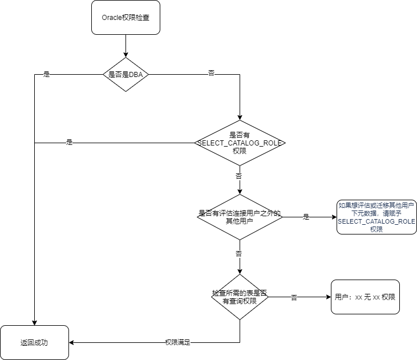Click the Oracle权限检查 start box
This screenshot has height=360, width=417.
tap(125, 17)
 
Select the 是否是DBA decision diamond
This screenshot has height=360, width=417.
tap(125, 74)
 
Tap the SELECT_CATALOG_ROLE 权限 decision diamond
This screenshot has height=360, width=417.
tap(240, 143)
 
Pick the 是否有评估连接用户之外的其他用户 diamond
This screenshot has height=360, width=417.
tap(240, 217)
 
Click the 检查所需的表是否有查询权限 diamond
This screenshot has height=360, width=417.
tap(240, 297)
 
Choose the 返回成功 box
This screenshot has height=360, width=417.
tap(34, 342)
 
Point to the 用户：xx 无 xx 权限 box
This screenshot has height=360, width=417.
tap(365, 297)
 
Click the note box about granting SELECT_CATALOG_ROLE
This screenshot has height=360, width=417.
tap(376, 217)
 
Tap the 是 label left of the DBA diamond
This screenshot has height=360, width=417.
tap(47, 74)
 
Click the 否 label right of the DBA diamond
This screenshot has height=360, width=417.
tap(212, 74)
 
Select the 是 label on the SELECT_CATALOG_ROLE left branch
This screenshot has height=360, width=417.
tap(70, 143)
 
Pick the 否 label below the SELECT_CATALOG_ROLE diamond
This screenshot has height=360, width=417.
tap(239, 176)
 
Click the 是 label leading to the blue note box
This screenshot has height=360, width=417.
tap(306, 217)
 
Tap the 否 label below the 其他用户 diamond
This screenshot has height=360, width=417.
tap(239, 253)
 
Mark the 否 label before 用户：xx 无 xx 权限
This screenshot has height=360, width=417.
tap(294, 297)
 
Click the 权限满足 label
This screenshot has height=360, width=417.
tap(177, 342)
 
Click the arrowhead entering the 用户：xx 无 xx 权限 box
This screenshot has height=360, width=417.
tap(327, 297)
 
